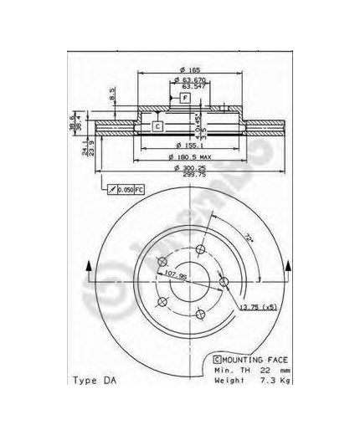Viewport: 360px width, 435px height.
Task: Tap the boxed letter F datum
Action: click(185, 99)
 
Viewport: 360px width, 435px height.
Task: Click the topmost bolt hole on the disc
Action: click(198, 250)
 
